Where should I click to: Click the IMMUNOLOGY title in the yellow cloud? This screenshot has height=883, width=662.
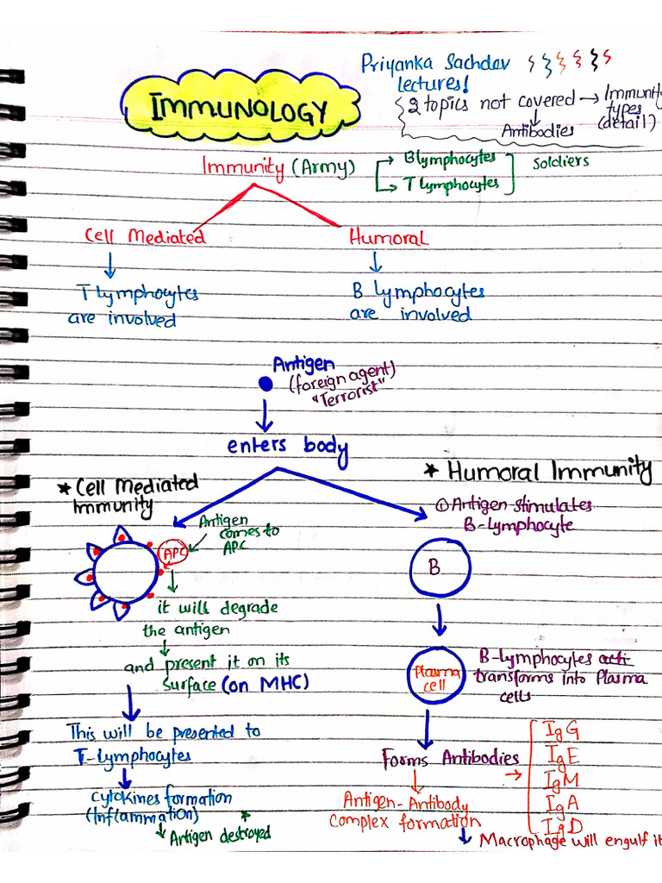(x=240, y=110)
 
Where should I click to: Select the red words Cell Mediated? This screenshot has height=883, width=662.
(x=144, y=235)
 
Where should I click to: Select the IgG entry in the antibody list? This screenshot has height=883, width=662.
(x=561, y=730)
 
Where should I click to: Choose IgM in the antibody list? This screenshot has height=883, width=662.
(x=561, y=780)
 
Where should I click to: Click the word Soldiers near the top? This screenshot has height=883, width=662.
(x=560, y=161)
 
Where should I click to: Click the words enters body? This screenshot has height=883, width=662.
(x=286, y=446)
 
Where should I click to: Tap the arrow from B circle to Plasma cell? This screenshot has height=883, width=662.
(x=440, y=619)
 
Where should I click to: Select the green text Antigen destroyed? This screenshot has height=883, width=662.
(x=219, y=834)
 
